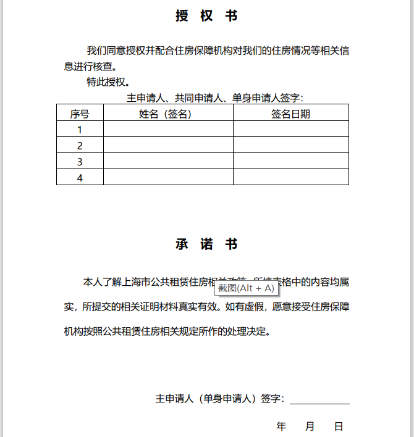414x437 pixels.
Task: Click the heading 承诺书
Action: pyautogui.click(x=206, y=244)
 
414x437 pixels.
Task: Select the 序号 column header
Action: pyautogui.click(x=80, y=114)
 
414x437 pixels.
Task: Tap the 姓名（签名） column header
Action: pyautogui.click(x=168, y=114)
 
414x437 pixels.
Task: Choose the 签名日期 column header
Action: pyautogui.click(x=290, y=114)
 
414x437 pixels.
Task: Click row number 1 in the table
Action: pyautogui.click(x=80, y=130)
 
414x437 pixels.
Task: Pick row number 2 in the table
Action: pyautogui.click(x=80, y=146)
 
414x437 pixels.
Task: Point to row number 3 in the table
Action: pyautogui.click(x=80, y=162)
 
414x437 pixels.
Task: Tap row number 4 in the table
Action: pyautogui.click(x=80, y=178)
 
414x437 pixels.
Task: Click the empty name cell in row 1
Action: pyautogui.click(x=168, y=130)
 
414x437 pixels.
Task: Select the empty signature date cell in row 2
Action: pyautogui.click(x=290, y=146)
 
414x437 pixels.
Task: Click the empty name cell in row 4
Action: pyautogui.click(x=168, y=178)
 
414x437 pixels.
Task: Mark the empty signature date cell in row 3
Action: pyautogui.click(x=290, y=162)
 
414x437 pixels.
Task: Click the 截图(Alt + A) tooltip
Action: pyautogui.click(x=246, y=288)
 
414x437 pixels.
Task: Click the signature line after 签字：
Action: pyautogui.click(x=319, y=400)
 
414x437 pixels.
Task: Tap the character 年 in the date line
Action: pyautogui.click(x=281, y=427)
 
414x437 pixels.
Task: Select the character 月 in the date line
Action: pyautogui.click(x=310, y=427)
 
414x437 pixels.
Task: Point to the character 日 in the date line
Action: pyautogui.click(x=338, y=427)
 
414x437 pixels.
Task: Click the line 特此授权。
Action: pyautogui.click(x=108, y=81)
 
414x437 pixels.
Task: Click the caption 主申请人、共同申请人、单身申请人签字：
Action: pyautogui.click(x=215, y=98)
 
